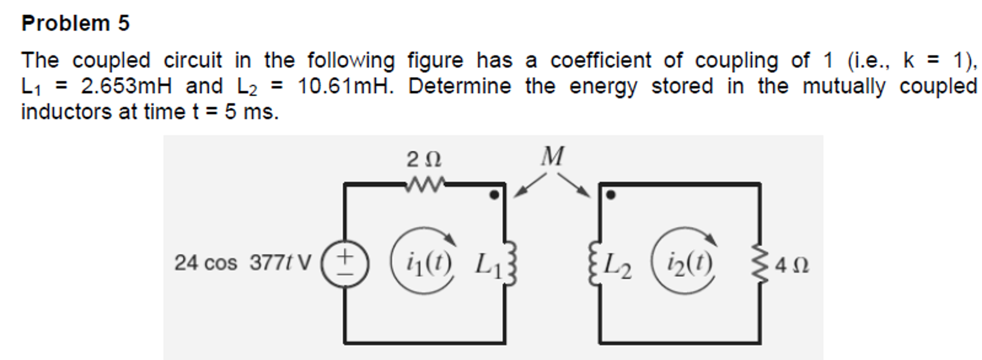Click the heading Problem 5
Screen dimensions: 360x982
pos(75,23)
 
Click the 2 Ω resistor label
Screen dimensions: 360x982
pos(423,159)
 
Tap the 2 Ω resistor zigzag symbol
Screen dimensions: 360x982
pos(425,184)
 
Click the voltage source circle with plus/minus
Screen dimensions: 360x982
pos(345,264)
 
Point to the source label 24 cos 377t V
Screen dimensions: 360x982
pos(242,263)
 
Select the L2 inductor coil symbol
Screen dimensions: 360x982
pos(595,263)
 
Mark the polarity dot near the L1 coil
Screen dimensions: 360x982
pos(494,195)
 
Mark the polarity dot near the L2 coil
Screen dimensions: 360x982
pos(611,195)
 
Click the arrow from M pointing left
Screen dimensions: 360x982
pos(529,185)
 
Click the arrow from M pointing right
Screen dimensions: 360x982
pos(575,185)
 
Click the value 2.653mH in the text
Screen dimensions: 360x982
pos(126,87)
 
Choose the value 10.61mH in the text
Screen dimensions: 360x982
pos(345,87)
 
